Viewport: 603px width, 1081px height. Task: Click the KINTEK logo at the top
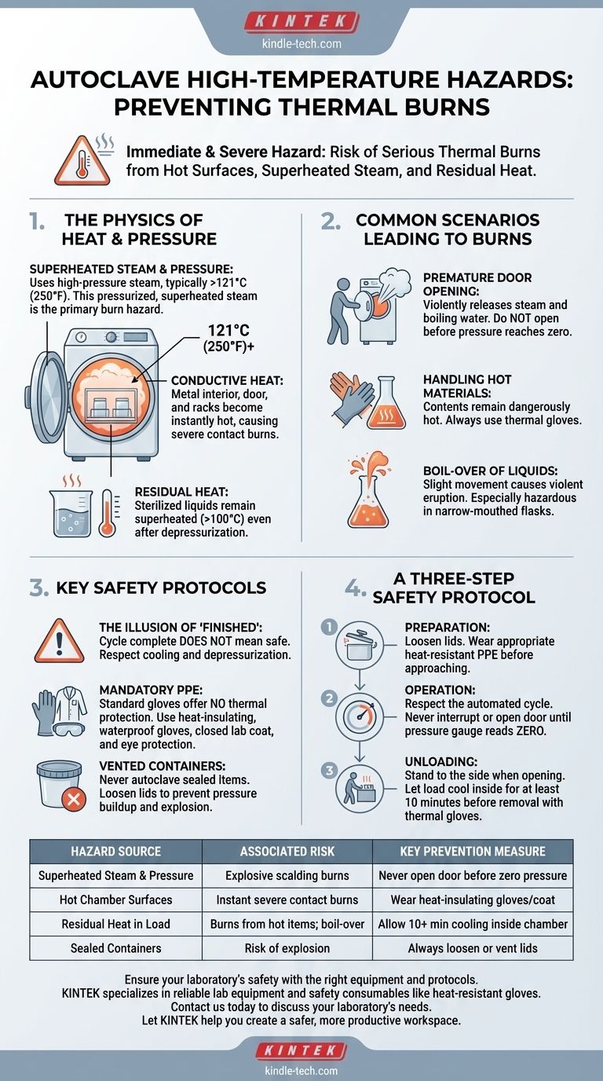point(302,22)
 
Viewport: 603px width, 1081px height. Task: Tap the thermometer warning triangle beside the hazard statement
point(82,162)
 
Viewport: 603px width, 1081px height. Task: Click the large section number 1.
point(37,222)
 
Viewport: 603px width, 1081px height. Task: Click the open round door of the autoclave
point(46,398)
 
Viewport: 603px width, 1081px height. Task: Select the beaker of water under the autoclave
point(71,512)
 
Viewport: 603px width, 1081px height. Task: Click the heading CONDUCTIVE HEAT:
point(227,381)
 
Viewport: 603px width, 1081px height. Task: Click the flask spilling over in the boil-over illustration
point(369,489)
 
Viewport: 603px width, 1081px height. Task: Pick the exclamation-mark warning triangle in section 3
point(60,641)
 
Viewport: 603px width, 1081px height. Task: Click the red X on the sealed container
point(74,800)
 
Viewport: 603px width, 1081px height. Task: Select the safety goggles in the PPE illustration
point(66,727)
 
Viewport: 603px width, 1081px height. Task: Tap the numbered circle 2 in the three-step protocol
point(329,698)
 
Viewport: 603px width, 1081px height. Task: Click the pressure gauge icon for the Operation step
point(360,716)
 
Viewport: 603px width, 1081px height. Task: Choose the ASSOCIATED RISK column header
point(287,852)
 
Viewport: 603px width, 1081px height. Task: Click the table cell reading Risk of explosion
point(287,948)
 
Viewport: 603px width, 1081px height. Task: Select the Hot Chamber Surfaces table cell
point(115,900)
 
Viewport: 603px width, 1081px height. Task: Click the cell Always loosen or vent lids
point(473,948)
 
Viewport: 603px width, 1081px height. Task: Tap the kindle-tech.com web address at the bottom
point(301,1070)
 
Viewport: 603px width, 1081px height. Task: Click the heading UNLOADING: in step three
point(441,761)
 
